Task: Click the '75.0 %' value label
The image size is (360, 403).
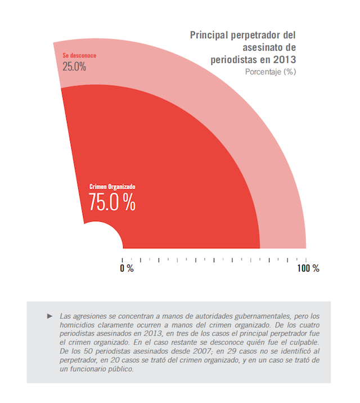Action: [112, 201]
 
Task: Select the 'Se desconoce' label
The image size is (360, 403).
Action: [80, 56]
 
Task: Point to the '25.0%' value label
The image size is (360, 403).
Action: [74, 66]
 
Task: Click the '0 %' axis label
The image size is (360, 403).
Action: [127, 268]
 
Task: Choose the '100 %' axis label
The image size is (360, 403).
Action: [308, 268]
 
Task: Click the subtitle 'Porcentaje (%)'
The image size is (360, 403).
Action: [270, 71]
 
